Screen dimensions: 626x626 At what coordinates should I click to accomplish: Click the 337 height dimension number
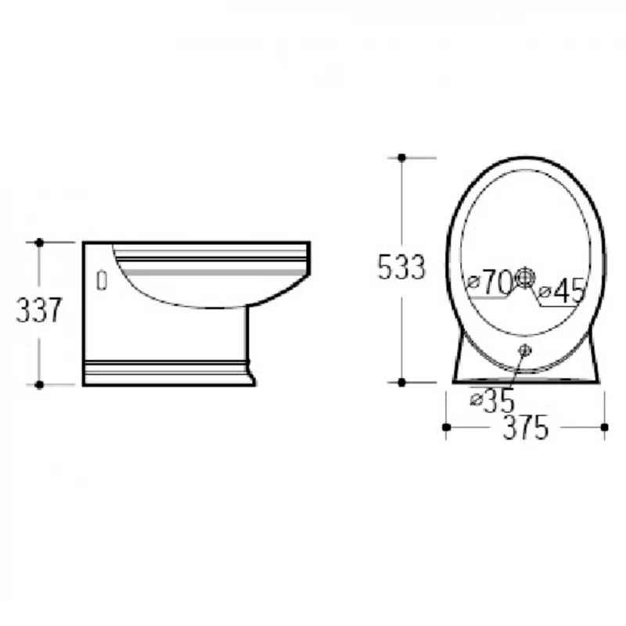click(38, 310)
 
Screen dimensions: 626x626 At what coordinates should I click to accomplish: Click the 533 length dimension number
click(401, 267)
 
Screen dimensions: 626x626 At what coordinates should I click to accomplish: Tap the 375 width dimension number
click(525, 427)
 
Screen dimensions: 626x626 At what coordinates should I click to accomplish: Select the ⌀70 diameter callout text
click(490, 282)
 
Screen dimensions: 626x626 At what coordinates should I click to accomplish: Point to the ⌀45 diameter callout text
click(561, 290)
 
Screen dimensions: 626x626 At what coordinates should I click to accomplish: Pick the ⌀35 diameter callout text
click(492, 401)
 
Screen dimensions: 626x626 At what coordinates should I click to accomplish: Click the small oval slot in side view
click(103, 280)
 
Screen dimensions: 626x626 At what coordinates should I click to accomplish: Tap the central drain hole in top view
click(524, 278)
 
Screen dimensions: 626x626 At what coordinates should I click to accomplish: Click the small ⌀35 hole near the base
click(524, 351)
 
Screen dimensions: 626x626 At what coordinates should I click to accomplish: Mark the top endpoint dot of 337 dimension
click(39, 243)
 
